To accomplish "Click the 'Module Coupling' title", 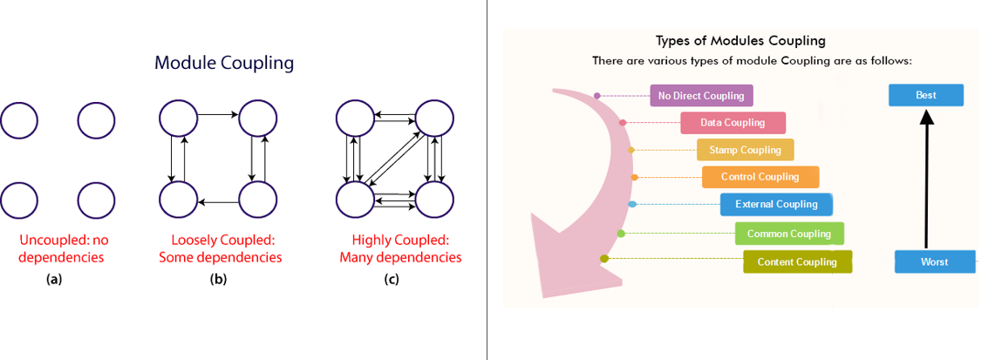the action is coord(225,64).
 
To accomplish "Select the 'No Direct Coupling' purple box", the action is coord(701,96).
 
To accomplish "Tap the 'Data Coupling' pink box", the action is coord(733,123).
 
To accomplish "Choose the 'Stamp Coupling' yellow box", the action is coord(745,150).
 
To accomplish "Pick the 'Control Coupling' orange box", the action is coord(760,177).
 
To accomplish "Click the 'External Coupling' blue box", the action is coord(776,204).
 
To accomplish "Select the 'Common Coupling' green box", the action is coord(789,234).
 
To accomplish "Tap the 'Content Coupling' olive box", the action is coord(797,262).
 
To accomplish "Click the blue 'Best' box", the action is coord(926,95).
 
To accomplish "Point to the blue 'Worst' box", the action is coord(935,262).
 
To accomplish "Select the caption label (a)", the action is coord(54,279).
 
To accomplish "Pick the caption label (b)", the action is coord(218,279).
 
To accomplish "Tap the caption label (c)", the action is coord(391,279).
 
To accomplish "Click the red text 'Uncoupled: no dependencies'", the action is coord(61,249).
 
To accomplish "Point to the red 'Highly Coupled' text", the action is coord(400,241).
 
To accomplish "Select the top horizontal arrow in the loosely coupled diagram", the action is coord(218,115).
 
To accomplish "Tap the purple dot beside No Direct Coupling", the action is coord(597,96).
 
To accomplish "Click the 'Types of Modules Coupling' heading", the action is coord(740,41).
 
